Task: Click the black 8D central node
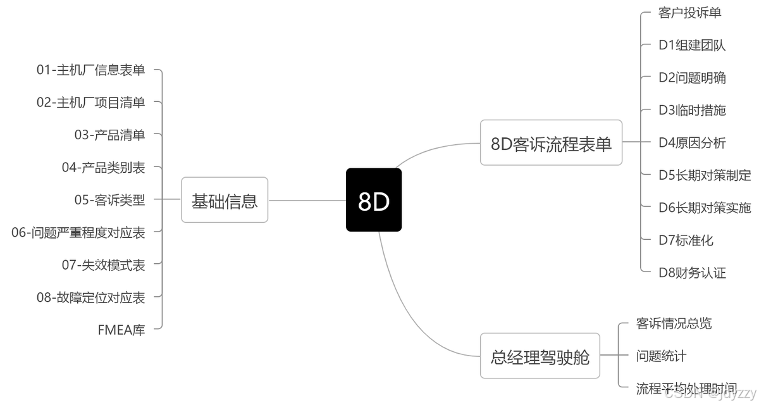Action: point(374,200)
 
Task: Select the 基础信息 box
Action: point(225,201)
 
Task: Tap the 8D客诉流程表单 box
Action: point(551,143)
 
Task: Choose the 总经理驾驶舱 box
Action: point(540,356)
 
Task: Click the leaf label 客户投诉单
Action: point(689,13)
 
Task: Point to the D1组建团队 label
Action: point(692,45)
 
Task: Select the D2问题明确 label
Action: point(692,78)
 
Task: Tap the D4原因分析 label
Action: point(692,143)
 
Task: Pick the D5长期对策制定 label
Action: point(705,175)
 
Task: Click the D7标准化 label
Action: point(686,240)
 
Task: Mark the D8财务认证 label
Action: point(692,273)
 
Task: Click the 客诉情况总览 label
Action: point(674,323)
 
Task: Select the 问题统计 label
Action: point(661,356)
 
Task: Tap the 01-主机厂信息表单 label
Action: point(90,70)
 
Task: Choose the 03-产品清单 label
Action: point(109,135)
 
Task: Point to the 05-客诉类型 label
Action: point(109,200)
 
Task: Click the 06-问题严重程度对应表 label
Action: point(78,233)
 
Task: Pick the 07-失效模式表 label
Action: point(103,265)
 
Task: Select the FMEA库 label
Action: point(121,330)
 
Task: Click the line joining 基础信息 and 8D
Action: point(307,201)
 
